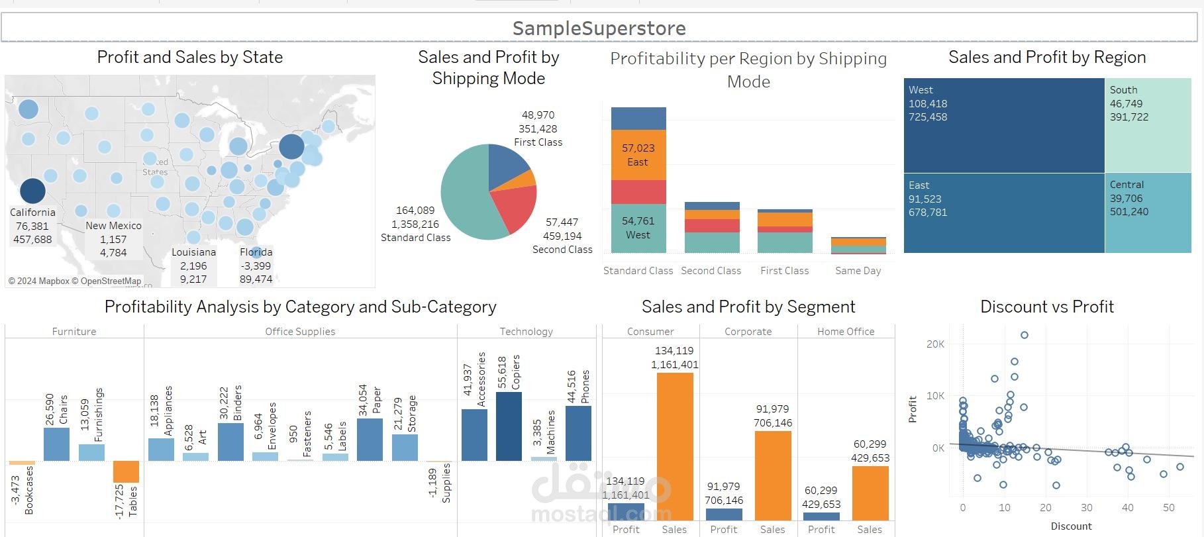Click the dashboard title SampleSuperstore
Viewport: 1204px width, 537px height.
click(599, 28)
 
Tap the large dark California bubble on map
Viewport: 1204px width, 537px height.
click(32, 191)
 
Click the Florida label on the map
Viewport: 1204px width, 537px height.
click(256, 252)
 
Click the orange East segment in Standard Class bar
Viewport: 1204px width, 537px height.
click(638, 155)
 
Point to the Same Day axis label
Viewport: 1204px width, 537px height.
click(858, 271)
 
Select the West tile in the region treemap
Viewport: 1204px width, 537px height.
click(1003, 126)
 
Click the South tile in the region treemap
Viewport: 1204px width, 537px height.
click(1148, 126)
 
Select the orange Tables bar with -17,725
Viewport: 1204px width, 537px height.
click(126, 471)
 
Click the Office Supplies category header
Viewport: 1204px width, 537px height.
click(300, 332)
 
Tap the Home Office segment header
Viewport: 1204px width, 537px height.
click(846, 332)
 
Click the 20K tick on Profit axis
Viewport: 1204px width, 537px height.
click(935, 344)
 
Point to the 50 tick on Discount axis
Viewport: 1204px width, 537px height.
click(1168, 508)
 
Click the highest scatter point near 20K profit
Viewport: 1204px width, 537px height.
click(1025, 335)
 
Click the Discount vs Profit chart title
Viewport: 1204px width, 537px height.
click(1046, 307)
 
